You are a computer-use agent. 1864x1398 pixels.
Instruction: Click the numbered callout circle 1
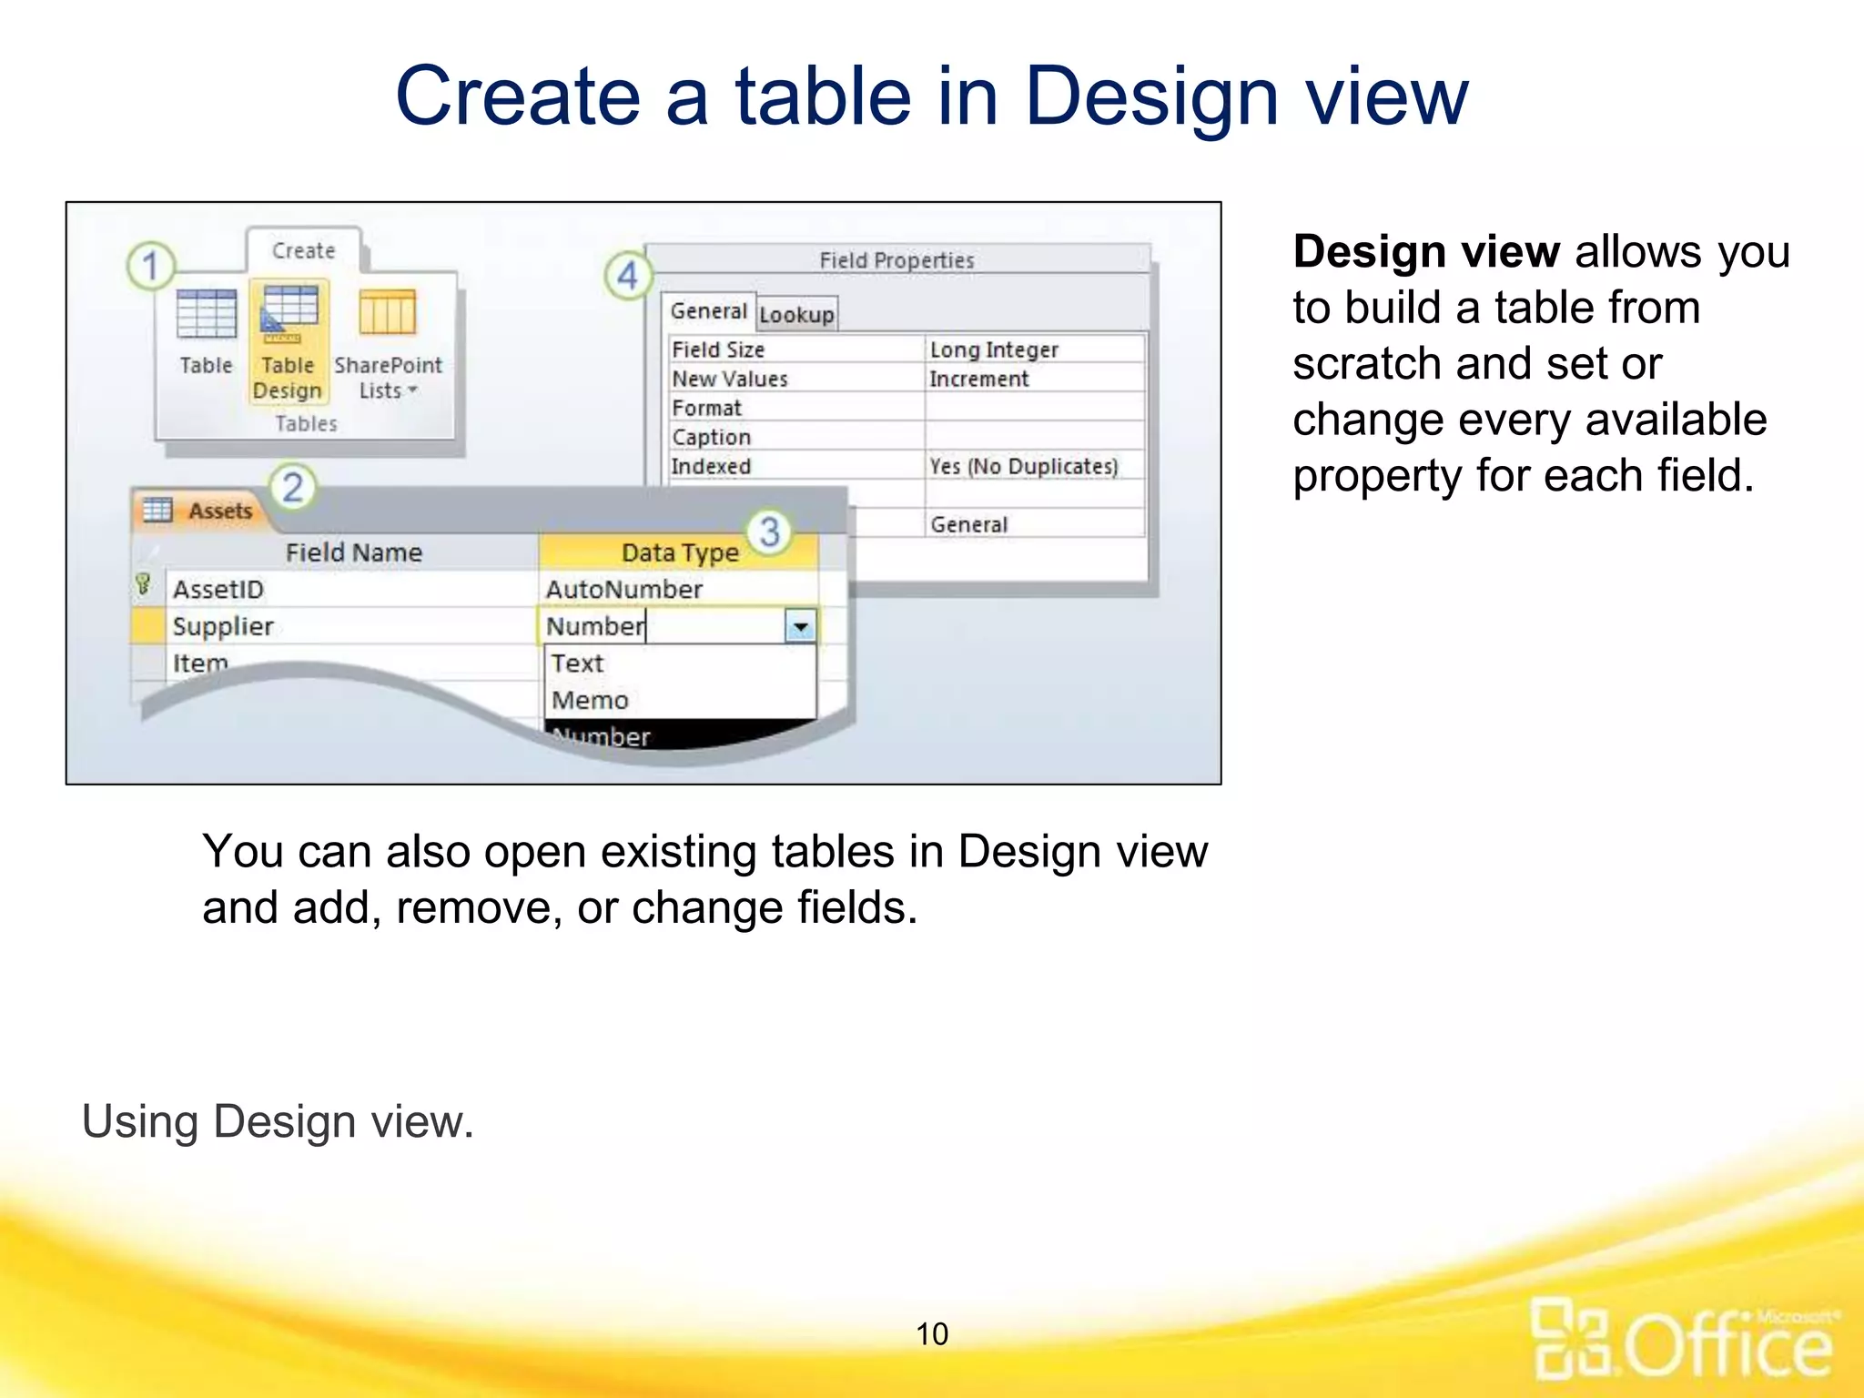[151, 266]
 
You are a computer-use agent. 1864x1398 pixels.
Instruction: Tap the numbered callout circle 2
[292, 488]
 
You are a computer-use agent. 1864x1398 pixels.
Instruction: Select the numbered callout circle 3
[769, 532]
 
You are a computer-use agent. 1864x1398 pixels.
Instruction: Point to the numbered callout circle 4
[628, 275]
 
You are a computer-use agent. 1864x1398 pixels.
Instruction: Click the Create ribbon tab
[303, 251]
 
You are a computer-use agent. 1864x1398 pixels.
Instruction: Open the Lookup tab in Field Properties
[796, 315]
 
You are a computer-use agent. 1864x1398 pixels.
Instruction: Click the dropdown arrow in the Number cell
[800, 627]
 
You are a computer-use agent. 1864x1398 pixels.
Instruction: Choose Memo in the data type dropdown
[590, 700]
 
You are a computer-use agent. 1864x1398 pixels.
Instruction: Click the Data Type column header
[679, 552]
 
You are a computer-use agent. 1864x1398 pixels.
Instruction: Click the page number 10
[932, 1334]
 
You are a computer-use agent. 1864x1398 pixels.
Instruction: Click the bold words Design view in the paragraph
[1426, 252]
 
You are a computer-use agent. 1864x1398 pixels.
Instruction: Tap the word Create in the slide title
[518, 96]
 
